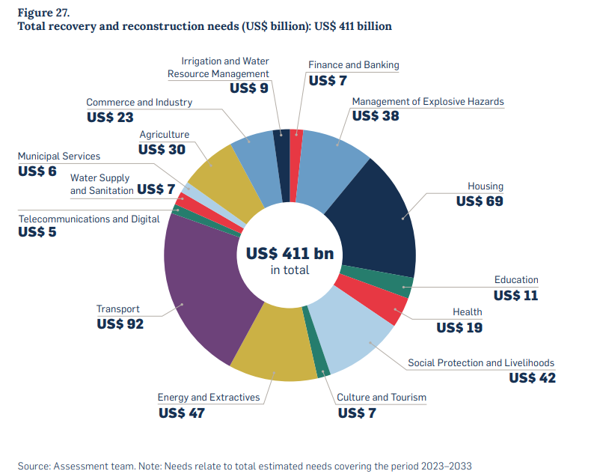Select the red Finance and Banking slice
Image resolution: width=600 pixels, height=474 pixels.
coord(296,165)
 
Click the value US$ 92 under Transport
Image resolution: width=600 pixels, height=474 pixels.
coord(120,324)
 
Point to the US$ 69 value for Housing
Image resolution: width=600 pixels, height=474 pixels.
coord(480,201)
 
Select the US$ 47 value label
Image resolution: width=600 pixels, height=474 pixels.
coord(181,413)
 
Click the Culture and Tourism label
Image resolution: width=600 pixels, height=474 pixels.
coord(382,397)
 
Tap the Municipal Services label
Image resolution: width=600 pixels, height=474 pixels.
coord(58,156)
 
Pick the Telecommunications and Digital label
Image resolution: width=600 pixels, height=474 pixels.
coord(89,219)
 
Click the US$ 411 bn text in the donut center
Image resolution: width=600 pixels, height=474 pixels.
coord(290,254)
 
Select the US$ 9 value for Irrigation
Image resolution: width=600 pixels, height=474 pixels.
coord(249,88)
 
